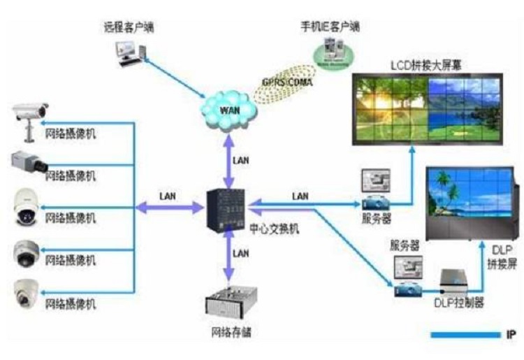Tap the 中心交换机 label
coord(275,229)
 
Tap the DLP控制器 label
coord(458,303)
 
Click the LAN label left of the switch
coord(168,196)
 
